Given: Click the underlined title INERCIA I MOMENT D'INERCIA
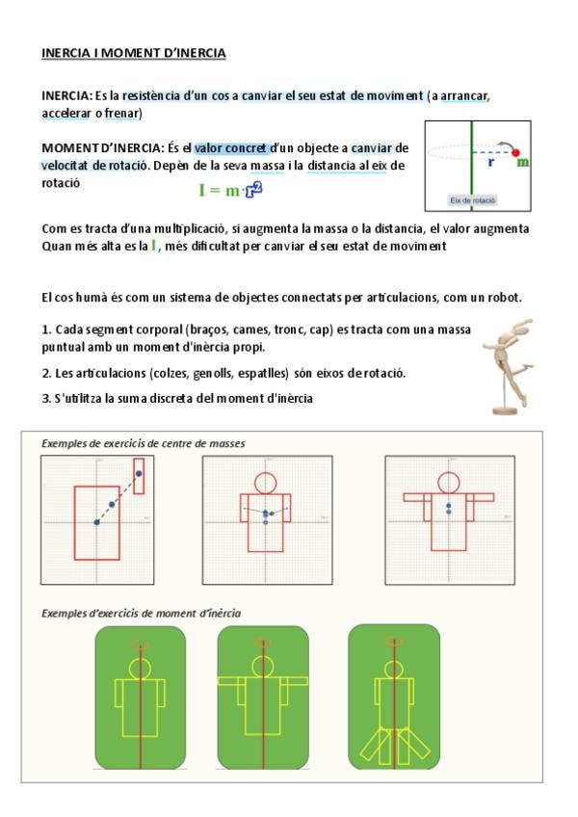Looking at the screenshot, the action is click(134, 53).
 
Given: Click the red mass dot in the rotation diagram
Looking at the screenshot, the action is click(515, 152).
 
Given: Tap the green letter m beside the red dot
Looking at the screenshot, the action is click(522, 163).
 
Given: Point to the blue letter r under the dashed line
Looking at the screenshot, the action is click(491, 162).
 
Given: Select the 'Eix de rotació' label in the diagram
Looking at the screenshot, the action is click(473, 200).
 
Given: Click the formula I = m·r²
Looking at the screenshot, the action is click(230, 190).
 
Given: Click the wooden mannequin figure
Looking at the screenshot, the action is click(507, 366).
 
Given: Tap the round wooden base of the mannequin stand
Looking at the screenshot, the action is click(505, 410).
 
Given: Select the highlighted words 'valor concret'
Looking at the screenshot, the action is click(231, 148).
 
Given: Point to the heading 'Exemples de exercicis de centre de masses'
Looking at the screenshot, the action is click(144, 443).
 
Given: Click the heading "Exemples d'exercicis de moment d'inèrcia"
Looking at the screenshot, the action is click(142, 614).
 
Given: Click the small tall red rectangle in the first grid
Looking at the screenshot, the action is click(139, 476).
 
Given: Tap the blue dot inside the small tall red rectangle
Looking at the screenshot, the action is click(139, 473).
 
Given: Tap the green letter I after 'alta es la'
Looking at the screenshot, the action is click(154, 245).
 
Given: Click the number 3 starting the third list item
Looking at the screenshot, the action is click(45, 399).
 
